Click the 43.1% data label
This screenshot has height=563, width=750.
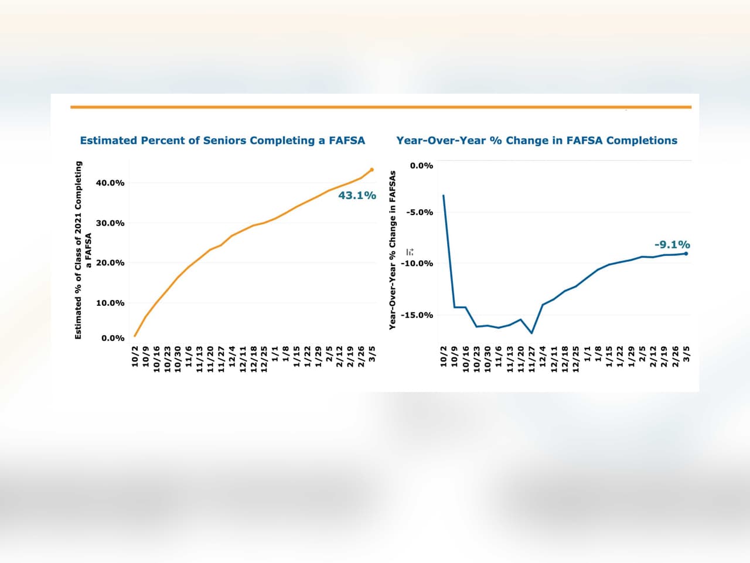click(x=357, y=196)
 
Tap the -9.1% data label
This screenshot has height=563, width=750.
click(x=672, y=245)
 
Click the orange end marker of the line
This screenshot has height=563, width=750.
click(x=371, y=170)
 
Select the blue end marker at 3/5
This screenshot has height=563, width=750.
click(x=686, y=254)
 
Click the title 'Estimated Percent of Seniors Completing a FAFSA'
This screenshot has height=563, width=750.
click(x=222, y=141)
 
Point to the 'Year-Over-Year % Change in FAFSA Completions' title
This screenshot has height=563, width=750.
click(x=536, y=141)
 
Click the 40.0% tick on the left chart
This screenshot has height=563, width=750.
click(x=110, y=183)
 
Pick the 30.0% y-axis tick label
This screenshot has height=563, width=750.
click(x=110, y=223)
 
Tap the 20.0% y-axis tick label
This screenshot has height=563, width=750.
click(x=110, y=263)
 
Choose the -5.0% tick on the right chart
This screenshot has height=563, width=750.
click(x=421, y=212)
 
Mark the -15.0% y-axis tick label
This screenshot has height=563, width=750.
click(x=417, y=315)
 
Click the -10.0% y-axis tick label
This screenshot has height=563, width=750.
click(x=417, y=264)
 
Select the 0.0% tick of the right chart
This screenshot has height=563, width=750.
click(x=421, y=166)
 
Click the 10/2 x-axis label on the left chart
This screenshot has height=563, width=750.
click(x=135, y=356)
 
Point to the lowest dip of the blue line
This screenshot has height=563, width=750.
click(x=531, y=333)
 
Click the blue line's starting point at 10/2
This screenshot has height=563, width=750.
click(x=444, y=196)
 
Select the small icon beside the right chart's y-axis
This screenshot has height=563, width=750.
click(x=410, y=252)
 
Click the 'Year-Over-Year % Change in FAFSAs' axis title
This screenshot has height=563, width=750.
click(x=393, y=250)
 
